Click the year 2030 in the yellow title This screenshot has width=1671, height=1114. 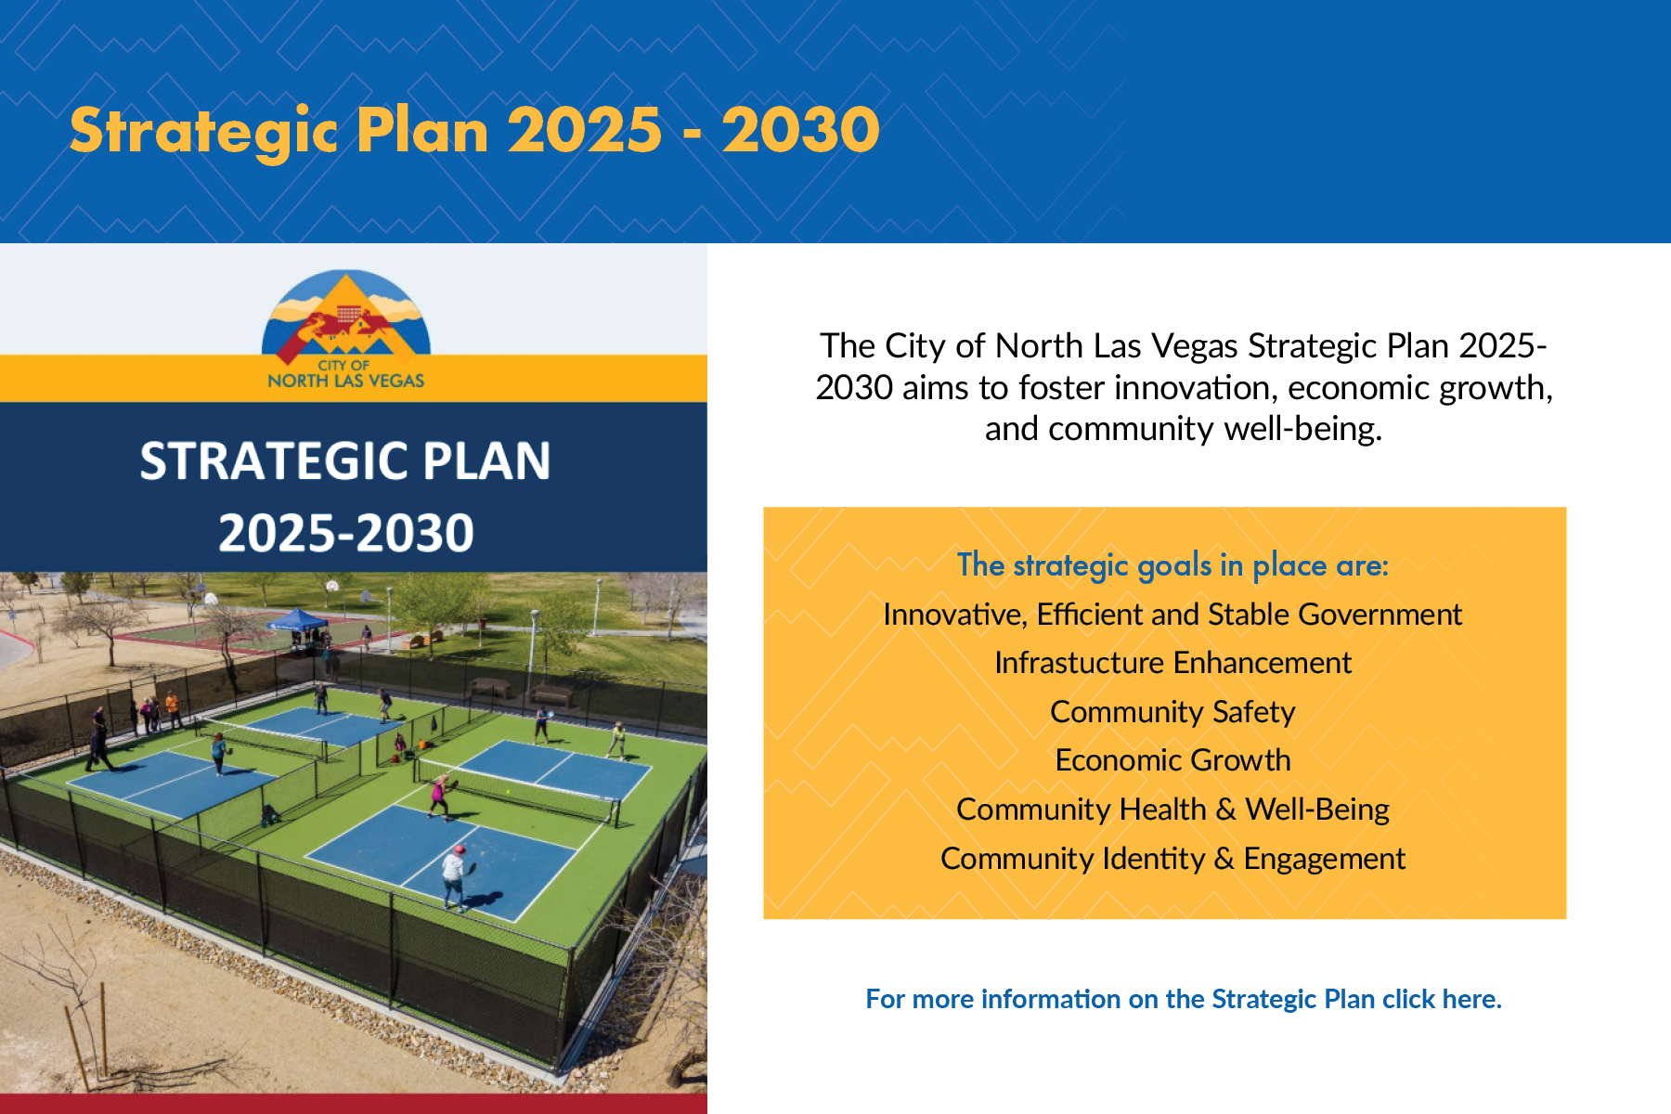point(801,130)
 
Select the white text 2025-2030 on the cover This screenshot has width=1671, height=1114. point(346,533)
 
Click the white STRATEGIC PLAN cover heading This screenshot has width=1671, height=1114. point(345,461)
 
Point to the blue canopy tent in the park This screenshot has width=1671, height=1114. point(297,619)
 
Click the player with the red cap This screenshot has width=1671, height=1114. point(455,877)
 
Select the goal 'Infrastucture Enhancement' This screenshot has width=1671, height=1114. point(1172,663)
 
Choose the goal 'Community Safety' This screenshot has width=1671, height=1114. point(1172,712)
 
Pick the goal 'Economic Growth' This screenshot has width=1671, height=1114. point(1172,760)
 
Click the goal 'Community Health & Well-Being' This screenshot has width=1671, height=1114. point(1172,810)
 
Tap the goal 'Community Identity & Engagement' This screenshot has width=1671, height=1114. point(1172,859)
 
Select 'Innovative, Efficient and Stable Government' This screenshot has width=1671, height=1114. point(1172,615)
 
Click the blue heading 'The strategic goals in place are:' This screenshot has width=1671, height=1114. point(1172,565)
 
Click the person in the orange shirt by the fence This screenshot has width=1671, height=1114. point(173,709)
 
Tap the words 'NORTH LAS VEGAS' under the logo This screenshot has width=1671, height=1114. point(345,381)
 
